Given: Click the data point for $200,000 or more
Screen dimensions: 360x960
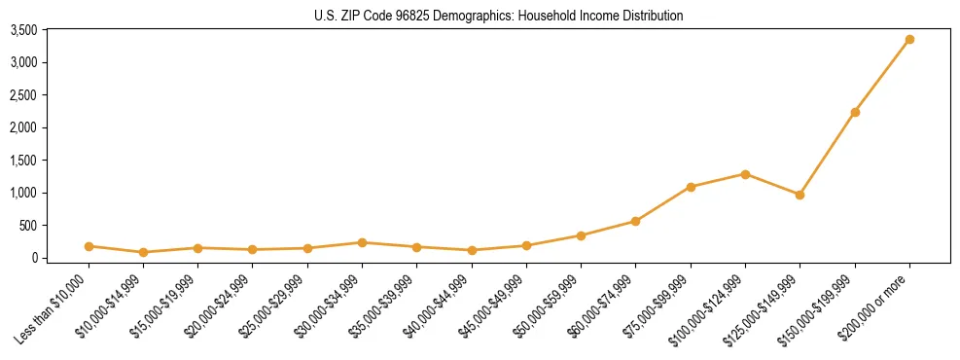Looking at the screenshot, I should coord(909,40).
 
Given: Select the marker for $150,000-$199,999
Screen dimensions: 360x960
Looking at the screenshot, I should coord(855,112).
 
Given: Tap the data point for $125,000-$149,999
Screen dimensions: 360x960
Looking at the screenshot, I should coord(800,195).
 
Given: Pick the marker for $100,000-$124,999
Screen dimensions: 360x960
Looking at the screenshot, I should coord(745,174).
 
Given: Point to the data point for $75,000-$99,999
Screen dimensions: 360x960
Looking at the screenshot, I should coord(691,187).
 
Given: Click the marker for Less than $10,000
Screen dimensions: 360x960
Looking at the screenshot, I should coord(89,246).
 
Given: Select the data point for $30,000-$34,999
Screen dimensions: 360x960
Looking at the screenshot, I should coord(362,242).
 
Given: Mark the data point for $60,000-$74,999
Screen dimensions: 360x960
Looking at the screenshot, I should coord(635,221).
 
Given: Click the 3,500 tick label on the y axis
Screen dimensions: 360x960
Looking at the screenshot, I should coord(23,30).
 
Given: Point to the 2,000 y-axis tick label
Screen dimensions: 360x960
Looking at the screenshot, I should coord(23,127).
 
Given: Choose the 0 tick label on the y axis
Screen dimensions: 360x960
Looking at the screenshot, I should coord(33,258).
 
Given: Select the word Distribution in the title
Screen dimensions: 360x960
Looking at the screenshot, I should coord(650,16).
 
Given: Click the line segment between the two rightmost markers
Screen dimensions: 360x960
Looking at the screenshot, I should coord(882,76).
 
